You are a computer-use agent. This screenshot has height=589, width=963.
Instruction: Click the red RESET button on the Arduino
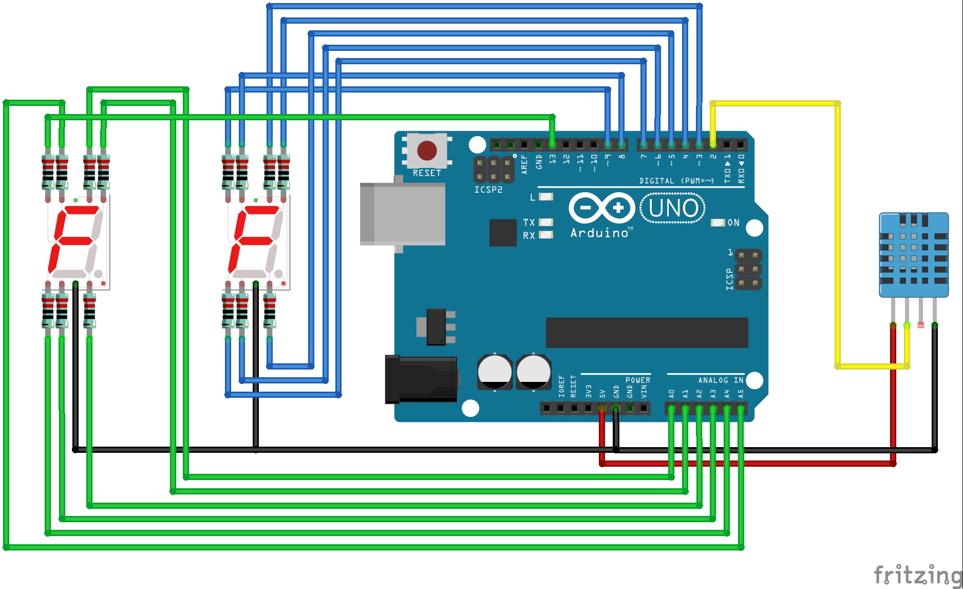[427, 151]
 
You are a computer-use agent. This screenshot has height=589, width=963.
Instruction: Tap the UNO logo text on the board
[673, 208]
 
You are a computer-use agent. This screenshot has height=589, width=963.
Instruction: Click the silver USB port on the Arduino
[403, 214]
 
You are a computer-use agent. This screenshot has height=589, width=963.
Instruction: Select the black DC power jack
[421, 379]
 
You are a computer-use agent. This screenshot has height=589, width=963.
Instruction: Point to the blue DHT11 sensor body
[914, 255]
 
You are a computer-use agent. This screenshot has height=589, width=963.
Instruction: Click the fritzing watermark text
[917, 575]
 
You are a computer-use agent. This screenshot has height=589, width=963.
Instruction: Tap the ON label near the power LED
[733, 223]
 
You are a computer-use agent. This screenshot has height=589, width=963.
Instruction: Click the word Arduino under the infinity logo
[599, 233]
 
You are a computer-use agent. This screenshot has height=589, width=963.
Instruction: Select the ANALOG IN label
[721, 380]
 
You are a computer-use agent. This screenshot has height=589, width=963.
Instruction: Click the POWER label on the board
[638, 380]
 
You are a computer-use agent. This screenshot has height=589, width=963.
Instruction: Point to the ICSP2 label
[488, 190]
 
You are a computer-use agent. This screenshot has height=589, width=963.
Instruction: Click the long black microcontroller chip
[647, 333]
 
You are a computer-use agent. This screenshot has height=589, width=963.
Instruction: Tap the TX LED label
[529, 223]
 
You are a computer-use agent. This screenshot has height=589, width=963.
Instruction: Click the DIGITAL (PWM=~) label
[676, 181]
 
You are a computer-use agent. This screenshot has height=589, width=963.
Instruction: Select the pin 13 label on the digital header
[553, 159]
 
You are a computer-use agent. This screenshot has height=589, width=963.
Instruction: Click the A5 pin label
[741, 394]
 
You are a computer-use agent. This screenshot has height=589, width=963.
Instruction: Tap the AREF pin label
[524, 163]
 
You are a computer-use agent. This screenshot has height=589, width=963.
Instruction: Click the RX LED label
[529, 235]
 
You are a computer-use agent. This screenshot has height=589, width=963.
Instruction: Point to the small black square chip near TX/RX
[503, 232]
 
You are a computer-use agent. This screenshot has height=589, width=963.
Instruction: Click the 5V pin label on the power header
[602, 394]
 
